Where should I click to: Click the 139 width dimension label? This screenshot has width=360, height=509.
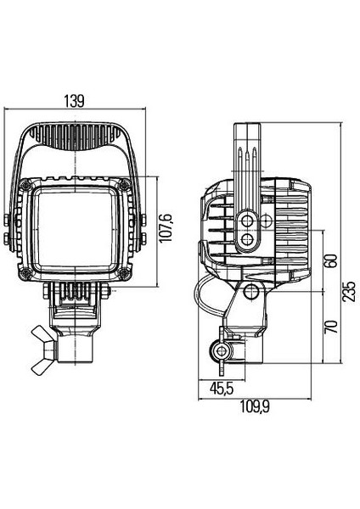75,101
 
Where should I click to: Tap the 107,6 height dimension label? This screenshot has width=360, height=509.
166,228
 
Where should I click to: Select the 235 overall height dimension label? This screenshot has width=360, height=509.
349,292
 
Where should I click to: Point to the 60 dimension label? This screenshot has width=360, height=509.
331,260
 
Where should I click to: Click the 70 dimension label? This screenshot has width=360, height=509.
331,327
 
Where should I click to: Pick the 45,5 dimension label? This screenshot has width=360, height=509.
222,389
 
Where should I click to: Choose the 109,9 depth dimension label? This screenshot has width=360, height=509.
255,406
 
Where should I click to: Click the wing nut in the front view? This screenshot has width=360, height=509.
44,350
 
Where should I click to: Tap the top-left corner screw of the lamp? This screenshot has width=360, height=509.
25,185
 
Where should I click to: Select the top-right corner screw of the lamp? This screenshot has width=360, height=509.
125,185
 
